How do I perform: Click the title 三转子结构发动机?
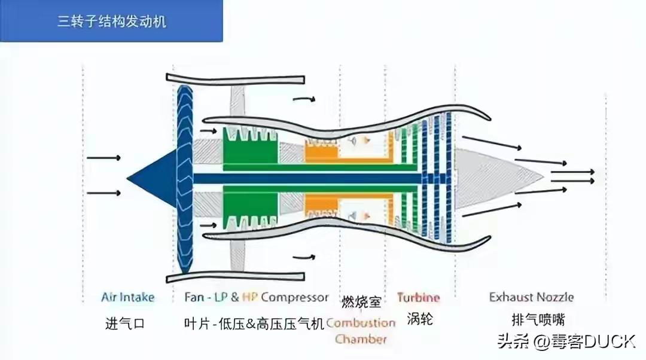tap(111, 23)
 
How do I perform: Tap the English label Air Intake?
tap(127, 297)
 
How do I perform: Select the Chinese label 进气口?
tap(125, 324)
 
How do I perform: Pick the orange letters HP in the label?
tap(251, 297)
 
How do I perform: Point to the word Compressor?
tap(295, 297)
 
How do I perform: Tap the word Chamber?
tap(361, 339)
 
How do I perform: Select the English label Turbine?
tap(418, 297)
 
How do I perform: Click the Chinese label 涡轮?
tap(419, 319)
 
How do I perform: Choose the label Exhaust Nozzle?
tap(531, 297)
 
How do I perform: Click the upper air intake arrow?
tap(103, 158)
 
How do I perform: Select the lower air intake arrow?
tap(103, 193)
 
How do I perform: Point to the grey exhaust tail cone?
tap(496, 178)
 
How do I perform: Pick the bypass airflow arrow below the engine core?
tap(303, 257)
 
